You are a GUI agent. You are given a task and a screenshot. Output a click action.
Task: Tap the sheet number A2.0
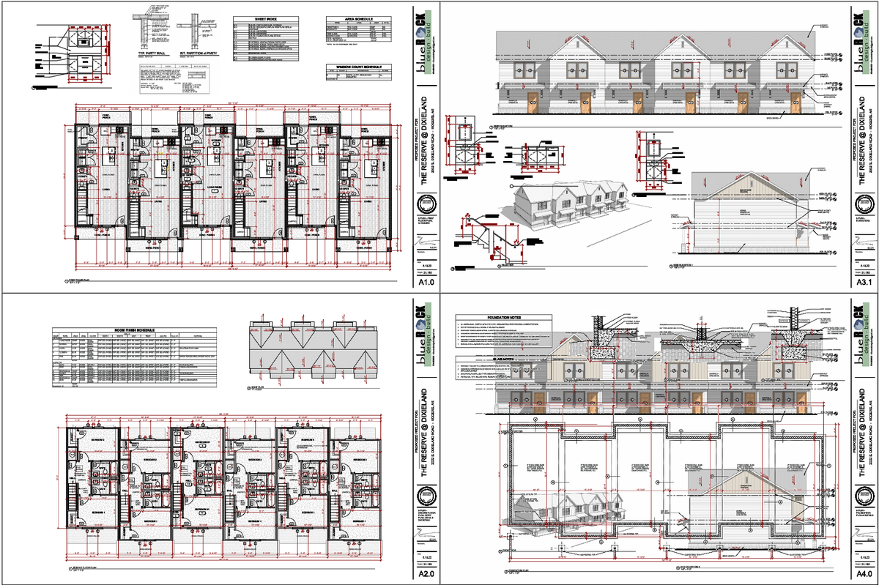tap(426, 573)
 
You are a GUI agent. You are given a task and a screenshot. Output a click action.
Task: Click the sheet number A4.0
tap(864, 573)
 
